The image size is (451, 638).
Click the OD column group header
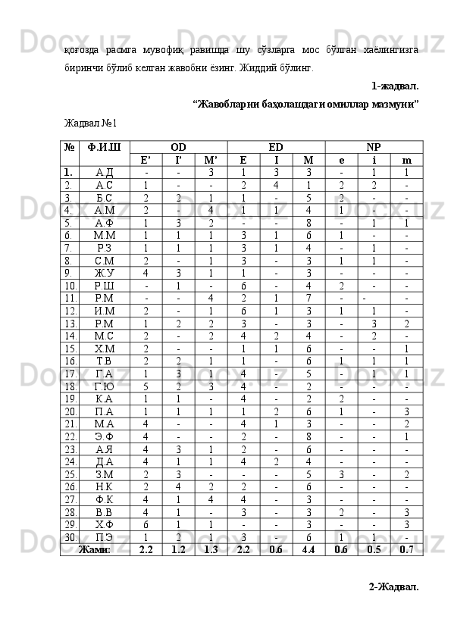(x=178, y=146)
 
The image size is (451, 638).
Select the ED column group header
(x=276, y=146)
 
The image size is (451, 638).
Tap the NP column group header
(x=374, y=146)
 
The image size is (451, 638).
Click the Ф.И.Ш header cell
(x=104, y=146)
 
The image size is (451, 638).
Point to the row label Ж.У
(x=104, y=273)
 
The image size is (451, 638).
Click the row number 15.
(x=69, y=348)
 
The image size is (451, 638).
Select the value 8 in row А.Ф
(x=308, y=223)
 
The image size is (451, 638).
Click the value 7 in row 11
(x=308, y=298)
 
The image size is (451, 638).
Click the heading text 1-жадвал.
(x=395, y=86)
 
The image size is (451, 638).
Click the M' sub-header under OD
(x=211, y=160)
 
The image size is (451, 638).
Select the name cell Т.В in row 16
(x=104, y=361)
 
